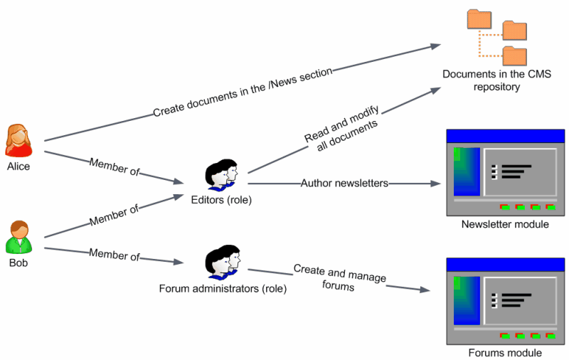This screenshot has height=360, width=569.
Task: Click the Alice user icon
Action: coord(18,140)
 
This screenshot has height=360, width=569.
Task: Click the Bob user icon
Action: coord(18,237)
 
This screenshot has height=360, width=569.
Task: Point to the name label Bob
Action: coord(18,263)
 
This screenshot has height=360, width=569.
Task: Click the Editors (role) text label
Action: coord(222,200)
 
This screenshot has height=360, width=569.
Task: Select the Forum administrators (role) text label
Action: coord(223,289)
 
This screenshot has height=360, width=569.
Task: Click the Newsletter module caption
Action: coord(505,225)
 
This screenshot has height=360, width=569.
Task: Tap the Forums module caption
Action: coord(505,353)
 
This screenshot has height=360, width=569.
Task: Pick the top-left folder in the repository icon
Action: coord(478,19)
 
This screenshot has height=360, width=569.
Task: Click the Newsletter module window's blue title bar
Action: coord(505,135)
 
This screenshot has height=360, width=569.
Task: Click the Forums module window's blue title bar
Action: coord(505,264)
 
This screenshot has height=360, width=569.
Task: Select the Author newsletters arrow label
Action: coord(344,183)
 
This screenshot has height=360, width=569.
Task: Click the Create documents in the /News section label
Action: coord(243,92)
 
